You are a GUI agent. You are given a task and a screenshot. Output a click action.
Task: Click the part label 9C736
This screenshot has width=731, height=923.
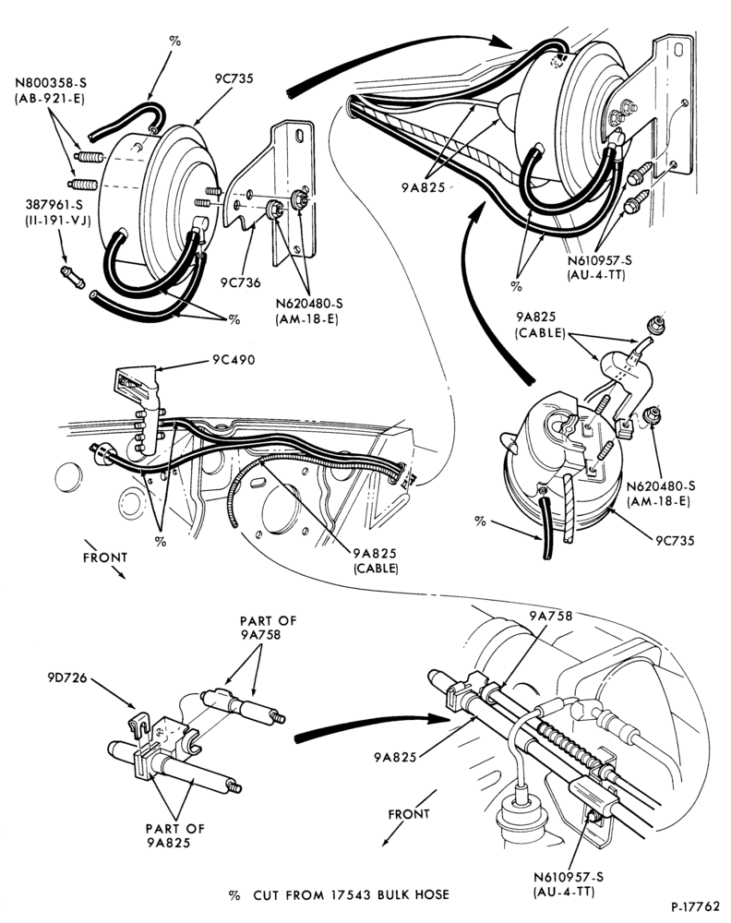[240, 282]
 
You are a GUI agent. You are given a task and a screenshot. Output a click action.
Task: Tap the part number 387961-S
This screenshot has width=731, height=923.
[54, 205]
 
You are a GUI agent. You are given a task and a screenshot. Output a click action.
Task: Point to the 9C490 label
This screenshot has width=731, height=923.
[234, 360]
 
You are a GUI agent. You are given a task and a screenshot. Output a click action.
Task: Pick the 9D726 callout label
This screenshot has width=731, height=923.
[67, 678]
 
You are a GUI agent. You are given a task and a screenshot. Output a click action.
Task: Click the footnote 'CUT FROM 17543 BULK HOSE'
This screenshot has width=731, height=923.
[351, 895]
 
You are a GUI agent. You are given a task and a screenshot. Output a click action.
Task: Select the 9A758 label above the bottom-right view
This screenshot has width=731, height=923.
[550, 617]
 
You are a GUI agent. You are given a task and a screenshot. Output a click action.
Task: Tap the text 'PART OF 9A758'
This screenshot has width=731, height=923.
[268, 628]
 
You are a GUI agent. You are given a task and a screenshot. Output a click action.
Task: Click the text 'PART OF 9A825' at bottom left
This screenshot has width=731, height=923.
[174, 835]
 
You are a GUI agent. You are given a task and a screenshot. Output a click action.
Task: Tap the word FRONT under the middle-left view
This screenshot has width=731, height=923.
[105, 557]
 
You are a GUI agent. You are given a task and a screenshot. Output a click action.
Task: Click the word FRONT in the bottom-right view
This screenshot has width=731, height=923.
[409, 814]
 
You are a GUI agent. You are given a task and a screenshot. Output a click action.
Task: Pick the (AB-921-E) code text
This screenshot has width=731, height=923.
[50, 99]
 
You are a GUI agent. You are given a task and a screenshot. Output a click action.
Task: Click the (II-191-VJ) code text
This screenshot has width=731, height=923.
[57, 222]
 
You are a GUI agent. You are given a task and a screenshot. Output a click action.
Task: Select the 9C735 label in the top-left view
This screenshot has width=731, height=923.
[234, 78]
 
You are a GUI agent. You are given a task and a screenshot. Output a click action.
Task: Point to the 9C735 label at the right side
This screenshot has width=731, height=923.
[675, 540]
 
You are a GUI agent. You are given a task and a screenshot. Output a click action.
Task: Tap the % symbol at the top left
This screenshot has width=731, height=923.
[174, 41]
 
